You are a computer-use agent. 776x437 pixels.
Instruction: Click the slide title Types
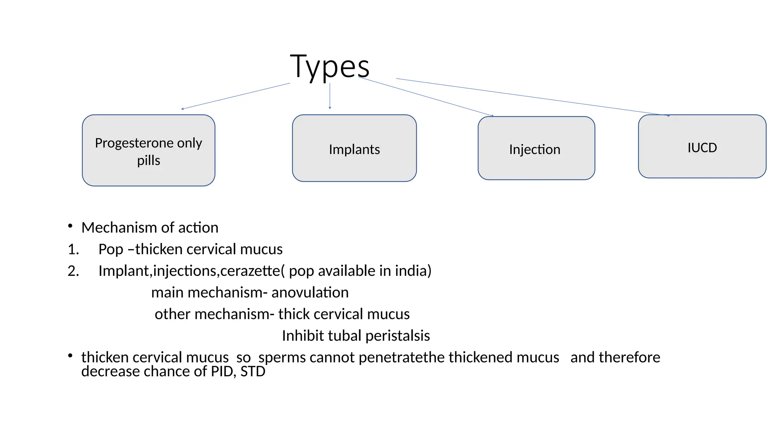coord(330,67)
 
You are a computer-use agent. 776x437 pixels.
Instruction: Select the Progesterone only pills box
coord(149,151)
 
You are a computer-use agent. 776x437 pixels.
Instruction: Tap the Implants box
coord(354,148)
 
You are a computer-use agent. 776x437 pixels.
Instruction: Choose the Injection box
coord(536,148)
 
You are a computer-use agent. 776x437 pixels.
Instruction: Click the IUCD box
coord(702,147)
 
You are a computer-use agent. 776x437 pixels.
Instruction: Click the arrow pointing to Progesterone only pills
coord(235,96)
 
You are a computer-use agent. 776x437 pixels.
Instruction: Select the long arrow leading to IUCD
coord(530,97)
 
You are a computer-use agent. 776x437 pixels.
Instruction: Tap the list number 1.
coord(73,250)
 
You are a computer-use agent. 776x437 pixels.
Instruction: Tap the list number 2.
coord(73,271)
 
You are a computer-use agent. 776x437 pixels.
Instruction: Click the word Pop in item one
coord(111,250)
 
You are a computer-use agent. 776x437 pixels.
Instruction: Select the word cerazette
coord(250,271)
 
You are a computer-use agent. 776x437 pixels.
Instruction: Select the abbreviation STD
coord(253,372)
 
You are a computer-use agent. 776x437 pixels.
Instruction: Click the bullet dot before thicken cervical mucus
coord(70,356)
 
